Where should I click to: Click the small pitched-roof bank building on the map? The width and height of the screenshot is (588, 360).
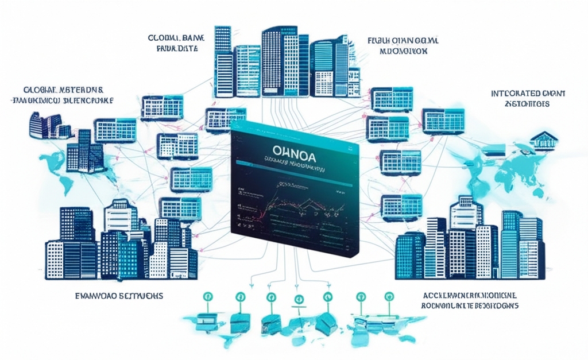pyautogui.click(x=543, y=138)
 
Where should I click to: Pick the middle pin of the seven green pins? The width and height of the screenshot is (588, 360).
pyautogui.click(x=299, y=299)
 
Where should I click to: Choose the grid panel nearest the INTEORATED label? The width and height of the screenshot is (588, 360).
pyautogui.click(x=443, y=119)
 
